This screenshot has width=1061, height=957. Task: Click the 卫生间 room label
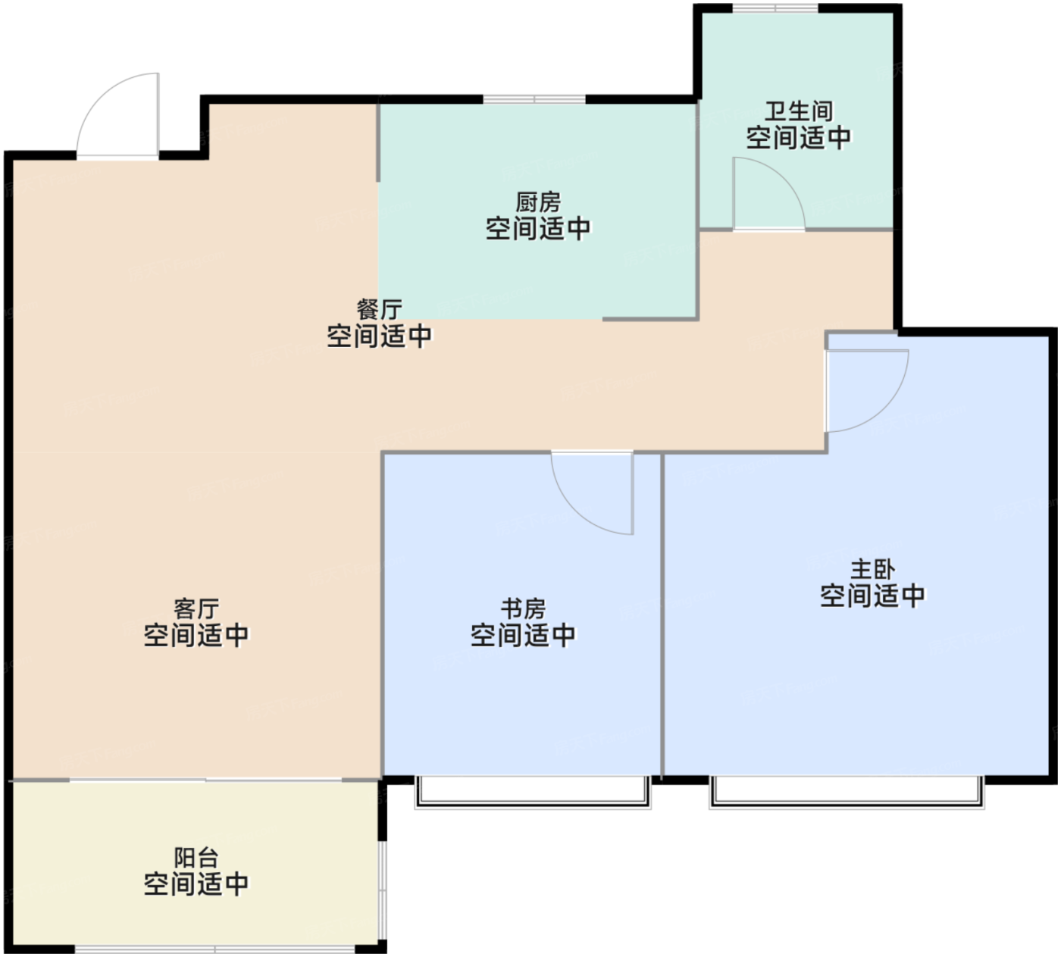pos(799,111)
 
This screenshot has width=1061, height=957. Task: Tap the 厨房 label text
pos(538,202)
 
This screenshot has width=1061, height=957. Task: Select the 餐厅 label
pos(379,309)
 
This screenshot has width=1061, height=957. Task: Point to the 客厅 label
pos(196,609)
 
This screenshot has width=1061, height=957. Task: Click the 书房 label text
pos(523,609)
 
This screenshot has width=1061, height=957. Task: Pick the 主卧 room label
pos(873,570)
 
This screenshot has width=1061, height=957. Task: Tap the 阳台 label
pos(196,858)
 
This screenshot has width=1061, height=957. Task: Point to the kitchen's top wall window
pos(534,99)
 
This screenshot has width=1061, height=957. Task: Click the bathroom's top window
pos(775,8)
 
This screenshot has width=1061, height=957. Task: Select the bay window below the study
pos(533,793)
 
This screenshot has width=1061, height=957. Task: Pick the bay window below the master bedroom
pos(847,793)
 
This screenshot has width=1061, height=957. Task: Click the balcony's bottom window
pos(215,949)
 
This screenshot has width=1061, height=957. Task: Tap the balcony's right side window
pos(383,890)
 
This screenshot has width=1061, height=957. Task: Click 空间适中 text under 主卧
pos(873,596)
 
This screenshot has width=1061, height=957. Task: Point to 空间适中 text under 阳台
pos(196,884)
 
